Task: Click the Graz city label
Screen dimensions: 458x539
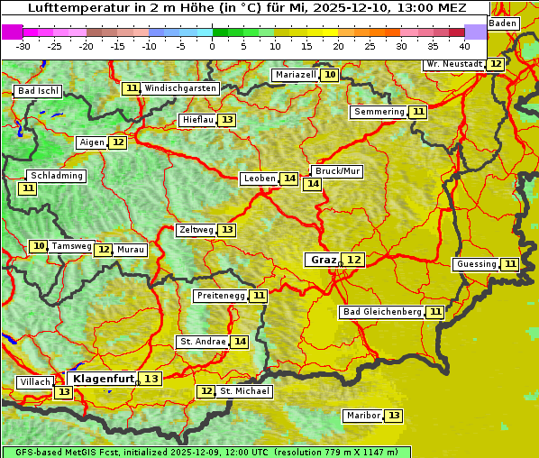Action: point(323,260)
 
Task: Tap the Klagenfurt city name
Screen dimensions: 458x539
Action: point(104,379)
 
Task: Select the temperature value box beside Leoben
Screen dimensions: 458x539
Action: point(288,179)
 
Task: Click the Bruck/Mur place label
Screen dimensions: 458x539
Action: point(336,171)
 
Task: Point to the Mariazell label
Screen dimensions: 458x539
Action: point(296,75)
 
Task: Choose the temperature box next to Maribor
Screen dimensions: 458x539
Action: point(394,416)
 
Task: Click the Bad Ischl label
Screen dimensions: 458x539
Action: point(38,91)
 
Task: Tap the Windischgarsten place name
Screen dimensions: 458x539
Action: point(180,88)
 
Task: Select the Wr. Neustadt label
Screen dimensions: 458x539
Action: point(454,64)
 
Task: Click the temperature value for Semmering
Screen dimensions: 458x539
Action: point(417,112)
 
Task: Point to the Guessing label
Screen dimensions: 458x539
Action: point(476,264)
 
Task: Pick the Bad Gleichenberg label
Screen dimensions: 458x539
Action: point(381,312)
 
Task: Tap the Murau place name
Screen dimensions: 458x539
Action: point(131,250)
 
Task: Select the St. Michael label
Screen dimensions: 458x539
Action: point(244,391)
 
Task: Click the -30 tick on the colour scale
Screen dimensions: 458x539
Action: point(23,45)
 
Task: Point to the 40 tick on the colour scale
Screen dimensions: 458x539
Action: point(464,45)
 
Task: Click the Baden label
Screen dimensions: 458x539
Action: point(503,23)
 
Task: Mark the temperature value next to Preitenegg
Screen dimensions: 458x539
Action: point(259,296)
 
